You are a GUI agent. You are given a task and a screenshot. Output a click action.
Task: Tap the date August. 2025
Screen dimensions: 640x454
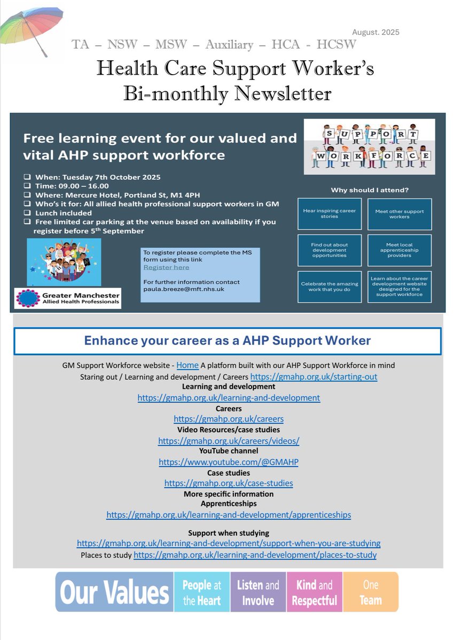pos(376,32)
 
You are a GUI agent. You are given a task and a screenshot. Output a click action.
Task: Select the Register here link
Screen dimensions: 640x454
pos(166,267)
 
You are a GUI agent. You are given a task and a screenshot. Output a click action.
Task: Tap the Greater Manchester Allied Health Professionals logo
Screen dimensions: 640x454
pos(68,298)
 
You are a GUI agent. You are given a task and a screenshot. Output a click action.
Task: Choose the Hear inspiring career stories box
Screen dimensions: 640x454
pos(330,214)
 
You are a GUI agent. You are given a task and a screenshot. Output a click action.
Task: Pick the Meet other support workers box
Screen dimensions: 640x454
pos(400,214)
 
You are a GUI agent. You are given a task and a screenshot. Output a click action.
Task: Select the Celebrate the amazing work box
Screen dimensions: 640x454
pos(330,287)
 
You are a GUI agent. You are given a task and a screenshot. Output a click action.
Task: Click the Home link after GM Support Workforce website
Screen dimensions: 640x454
pos(187,365)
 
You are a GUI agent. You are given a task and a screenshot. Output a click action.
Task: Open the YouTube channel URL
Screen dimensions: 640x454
pos(229,462)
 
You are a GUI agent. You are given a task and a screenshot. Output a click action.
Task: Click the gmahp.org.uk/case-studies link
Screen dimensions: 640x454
pos(229,484)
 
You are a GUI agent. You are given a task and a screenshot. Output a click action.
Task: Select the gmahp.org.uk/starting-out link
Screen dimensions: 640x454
pos(314,377)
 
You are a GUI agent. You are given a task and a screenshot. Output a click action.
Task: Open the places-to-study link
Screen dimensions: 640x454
pos(255,555)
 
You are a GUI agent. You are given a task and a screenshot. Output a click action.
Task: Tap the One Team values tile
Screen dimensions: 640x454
pos(371,593)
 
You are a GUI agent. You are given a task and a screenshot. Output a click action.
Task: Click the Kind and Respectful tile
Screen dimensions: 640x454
pos(314,593)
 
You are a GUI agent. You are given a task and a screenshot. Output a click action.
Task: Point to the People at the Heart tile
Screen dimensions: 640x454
pos(201,593)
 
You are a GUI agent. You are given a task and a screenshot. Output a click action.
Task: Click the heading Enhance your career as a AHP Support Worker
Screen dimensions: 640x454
pos(228,340)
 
